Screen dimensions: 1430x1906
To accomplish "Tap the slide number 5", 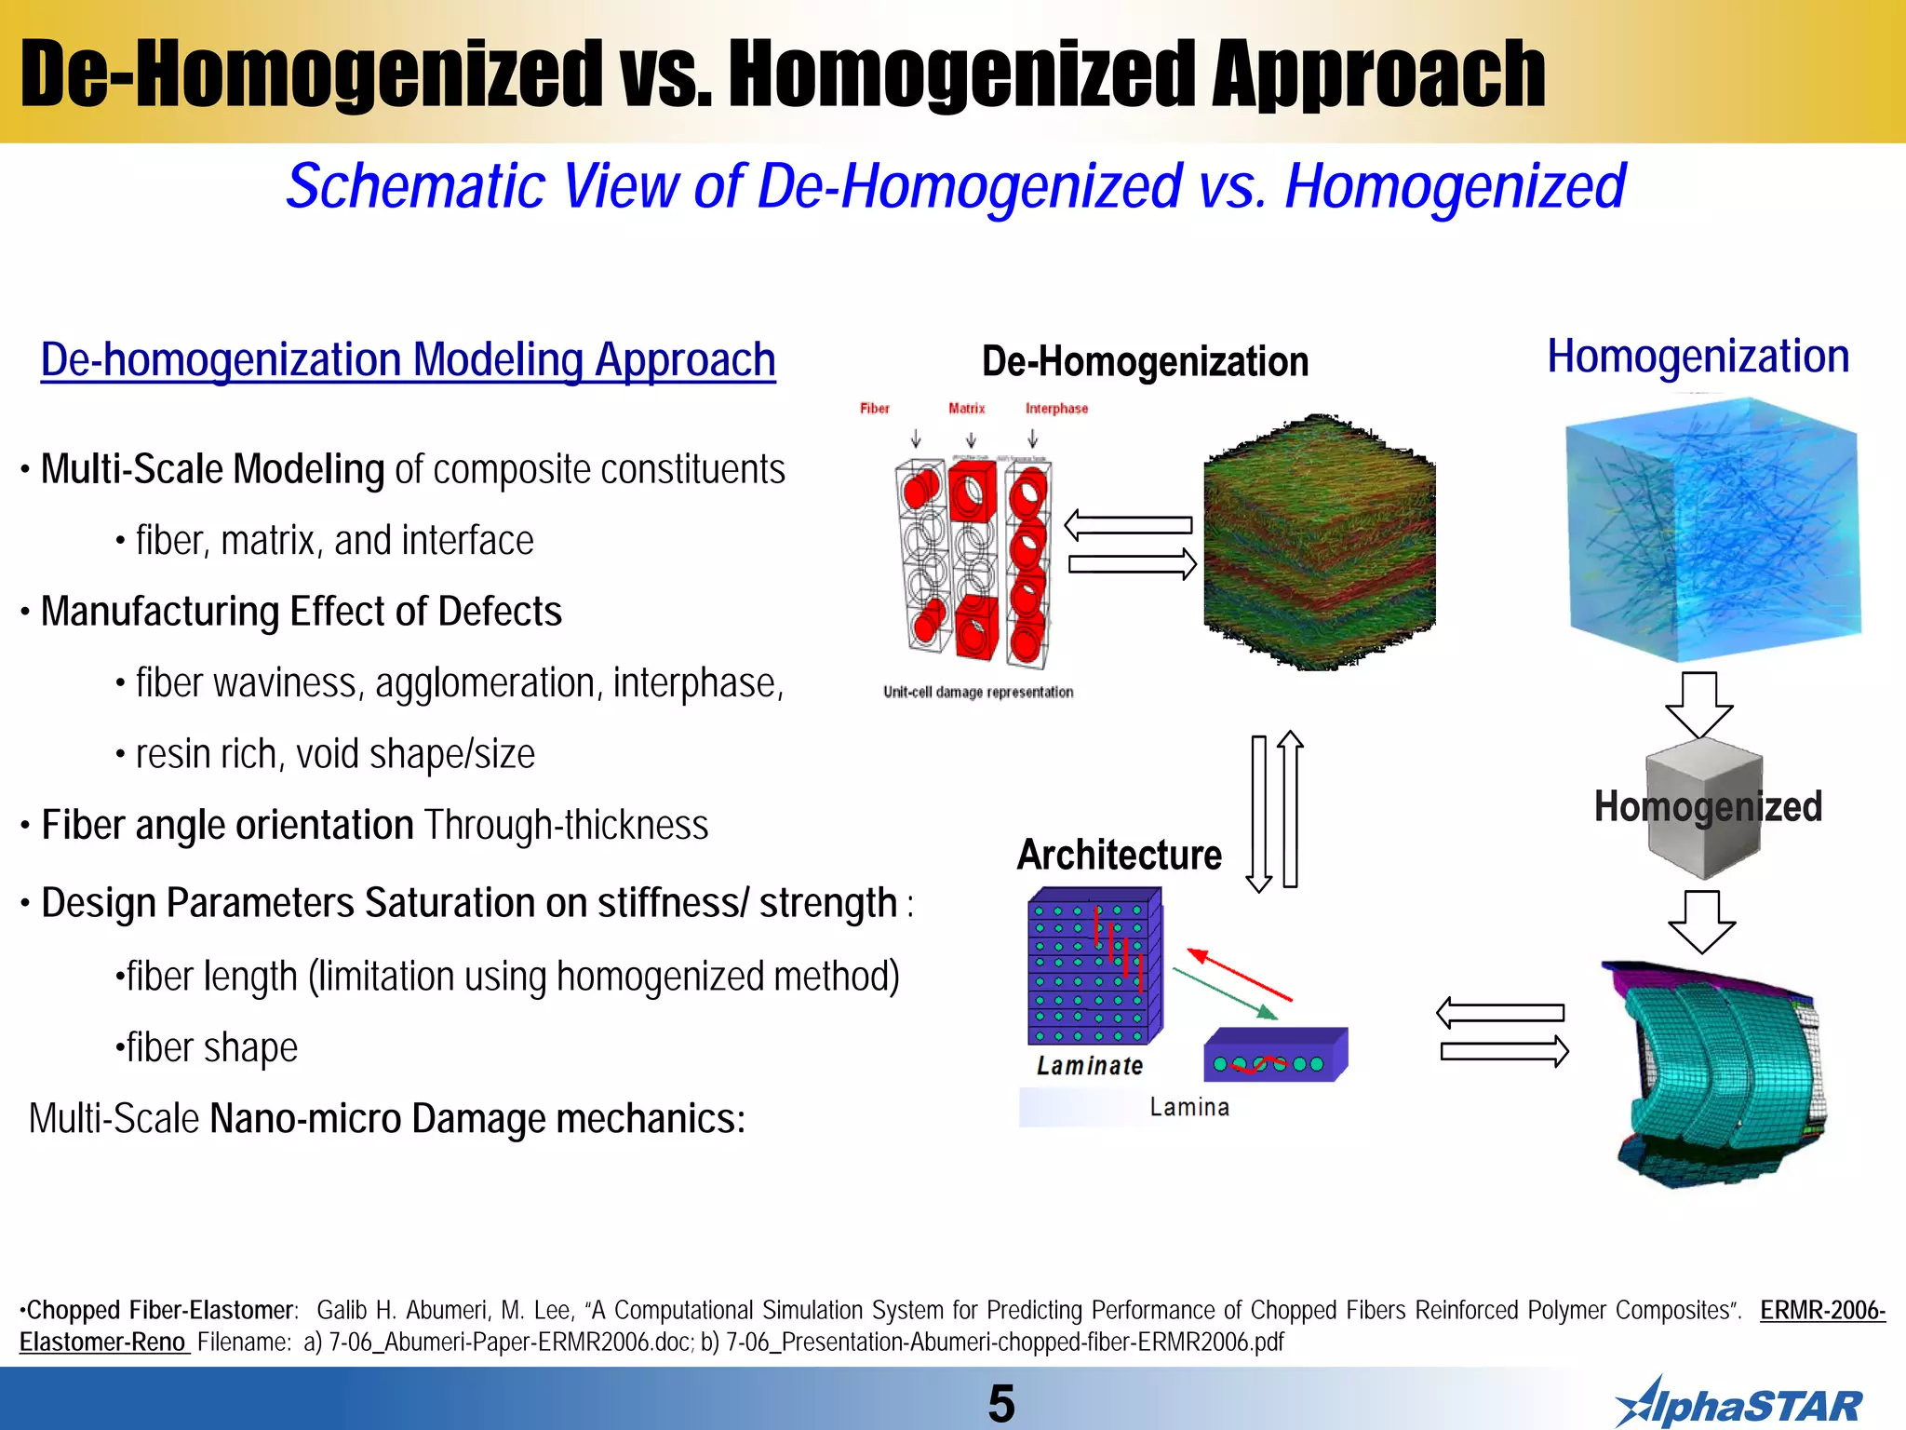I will tap(1000, 1403).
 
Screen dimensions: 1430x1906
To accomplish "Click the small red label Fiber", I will tap(874, 409).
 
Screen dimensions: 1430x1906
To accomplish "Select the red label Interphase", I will tap(1056, 409).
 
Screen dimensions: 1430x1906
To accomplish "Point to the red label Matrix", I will tap(966, 409).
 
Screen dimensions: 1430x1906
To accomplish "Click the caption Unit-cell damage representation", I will tap(977, 692).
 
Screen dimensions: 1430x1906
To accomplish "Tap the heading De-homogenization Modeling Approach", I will tap(408, 360).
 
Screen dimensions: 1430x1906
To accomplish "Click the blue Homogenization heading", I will tap(1698, 357).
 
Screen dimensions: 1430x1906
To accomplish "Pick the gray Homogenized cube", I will tap(1703, 808).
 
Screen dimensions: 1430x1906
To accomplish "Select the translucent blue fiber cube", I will tap(1712, 531).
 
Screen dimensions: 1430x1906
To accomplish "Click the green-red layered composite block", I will tap(1320, 542).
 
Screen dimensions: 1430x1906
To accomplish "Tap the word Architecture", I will tap(1119, 855).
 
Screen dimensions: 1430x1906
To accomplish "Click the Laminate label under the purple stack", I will tap(1090, 1066).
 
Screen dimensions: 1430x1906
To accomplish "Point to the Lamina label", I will tap(1188, 1107).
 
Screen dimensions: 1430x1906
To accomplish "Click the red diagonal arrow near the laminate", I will tap(1240, 974).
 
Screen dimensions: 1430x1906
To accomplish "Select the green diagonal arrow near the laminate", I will tap(1225, 993).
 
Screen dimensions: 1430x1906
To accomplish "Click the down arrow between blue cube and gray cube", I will tap(1699, 705).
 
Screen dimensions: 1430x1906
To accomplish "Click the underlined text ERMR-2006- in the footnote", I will tap(1821, 1311).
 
